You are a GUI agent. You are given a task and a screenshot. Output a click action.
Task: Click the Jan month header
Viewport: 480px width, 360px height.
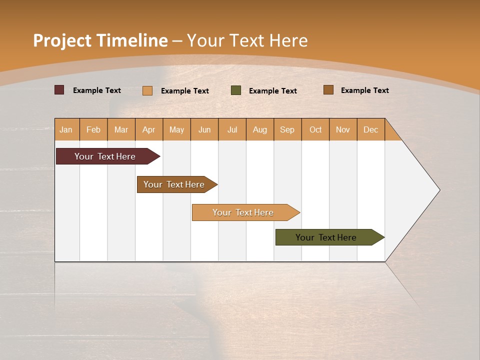[x=66, y=129]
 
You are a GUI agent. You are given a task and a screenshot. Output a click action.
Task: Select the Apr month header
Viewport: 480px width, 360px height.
[x=149, y=129]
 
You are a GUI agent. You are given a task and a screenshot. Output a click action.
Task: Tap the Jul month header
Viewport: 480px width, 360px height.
[x=232, y=129]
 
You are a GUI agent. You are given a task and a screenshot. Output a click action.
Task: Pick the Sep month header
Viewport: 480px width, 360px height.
[x=287, y=129]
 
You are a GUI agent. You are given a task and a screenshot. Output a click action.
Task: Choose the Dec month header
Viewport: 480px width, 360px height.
[x=370, y=129]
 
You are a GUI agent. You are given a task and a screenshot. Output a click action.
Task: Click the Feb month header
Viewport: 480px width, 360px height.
[x=93, y=129]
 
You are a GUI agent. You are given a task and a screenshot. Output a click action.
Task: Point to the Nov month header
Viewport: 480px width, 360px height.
[x=343, y=129]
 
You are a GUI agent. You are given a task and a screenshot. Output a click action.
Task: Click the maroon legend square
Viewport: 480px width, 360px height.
[x=59, y=90]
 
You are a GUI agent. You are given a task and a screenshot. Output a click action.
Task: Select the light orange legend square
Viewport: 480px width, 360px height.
[x=147, y=90]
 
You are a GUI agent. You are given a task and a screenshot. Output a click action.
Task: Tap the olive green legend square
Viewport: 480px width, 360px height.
[x=236, y=90]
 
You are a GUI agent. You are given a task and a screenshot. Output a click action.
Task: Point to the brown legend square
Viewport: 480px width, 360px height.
[x=328, y=90]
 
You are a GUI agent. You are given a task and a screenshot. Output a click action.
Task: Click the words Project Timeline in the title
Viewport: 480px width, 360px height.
[x=100, y=40]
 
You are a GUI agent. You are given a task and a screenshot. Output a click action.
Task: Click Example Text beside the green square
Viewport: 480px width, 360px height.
[x=272, y=91]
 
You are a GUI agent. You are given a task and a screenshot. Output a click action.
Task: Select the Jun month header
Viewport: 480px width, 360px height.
[x=204, y=129]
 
